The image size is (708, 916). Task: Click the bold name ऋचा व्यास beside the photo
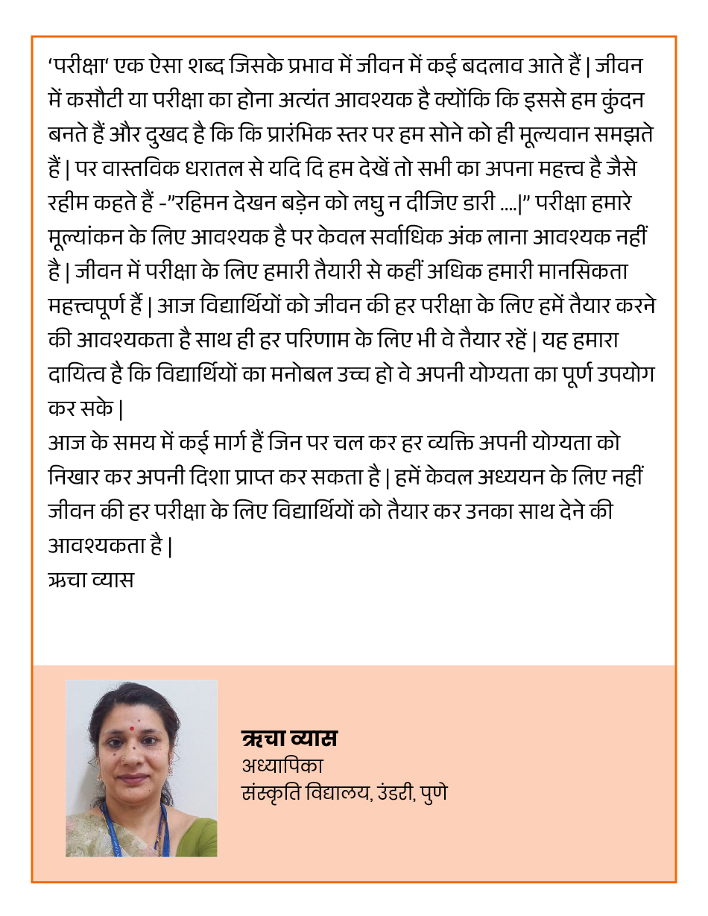[290, 739]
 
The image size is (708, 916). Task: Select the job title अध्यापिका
[282, 765]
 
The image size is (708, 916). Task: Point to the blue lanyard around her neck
[112, 827]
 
